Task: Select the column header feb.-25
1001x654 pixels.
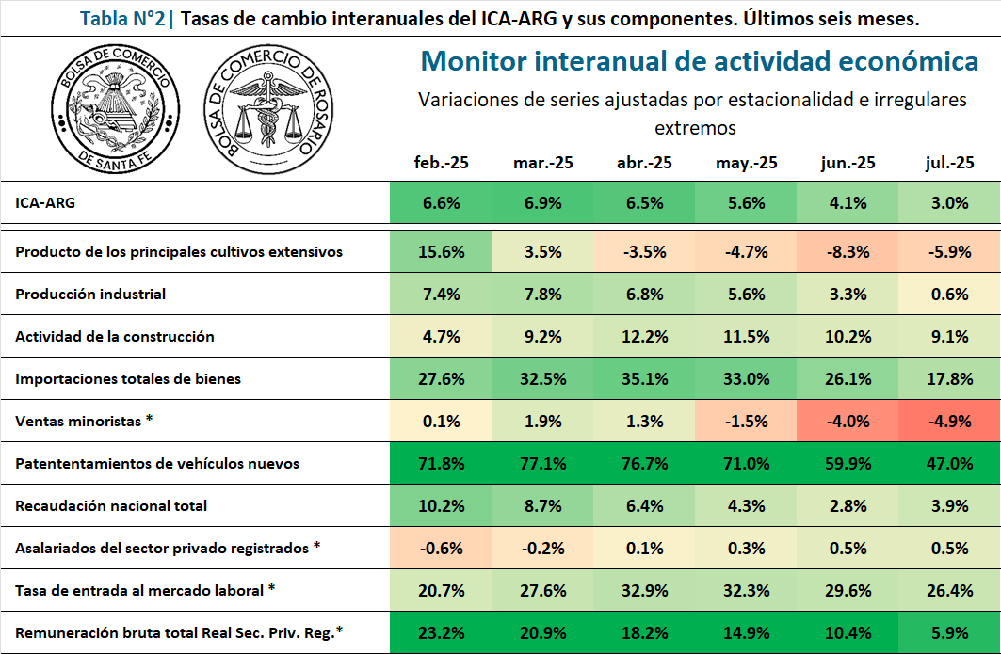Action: tap(441, 163)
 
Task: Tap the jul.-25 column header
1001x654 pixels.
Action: tap(949, 163)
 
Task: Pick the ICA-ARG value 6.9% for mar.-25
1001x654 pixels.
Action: tap(543, 203)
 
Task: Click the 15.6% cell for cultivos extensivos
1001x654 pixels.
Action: tap(441, 251)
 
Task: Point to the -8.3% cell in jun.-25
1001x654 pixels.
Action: tap(848, 251)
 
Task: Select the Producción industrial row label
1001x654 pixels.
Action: tap(90, 294)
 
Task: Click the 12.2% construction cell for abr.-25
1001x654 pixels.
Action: tap(644, 336)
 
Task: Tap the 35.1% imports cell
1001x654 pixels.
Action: tap(644, 378)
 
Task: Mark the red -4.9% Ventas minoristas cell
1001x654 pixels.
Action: tap(949, 421)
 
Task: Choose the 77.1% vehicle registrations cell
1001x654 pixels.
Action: tap(543, 463)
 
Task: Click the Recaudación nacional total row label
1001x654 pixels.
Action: tap(111, 505)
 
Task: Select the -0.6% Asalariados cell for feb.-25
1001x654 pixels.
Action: tap(441, 548)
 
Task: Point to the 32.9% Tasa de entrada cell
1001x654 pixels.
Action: tap(644, 590)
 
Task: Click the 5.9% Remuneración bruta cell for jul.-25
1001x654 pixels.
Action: tap(949, 632)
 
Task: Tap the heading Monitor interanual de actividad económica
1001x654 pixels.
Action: tap(699, 61)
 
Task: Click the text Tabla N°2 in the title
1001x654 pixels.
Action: tap(120, 19)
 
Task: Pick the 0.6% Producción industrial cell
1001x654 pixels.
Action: tap(949, 294)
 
